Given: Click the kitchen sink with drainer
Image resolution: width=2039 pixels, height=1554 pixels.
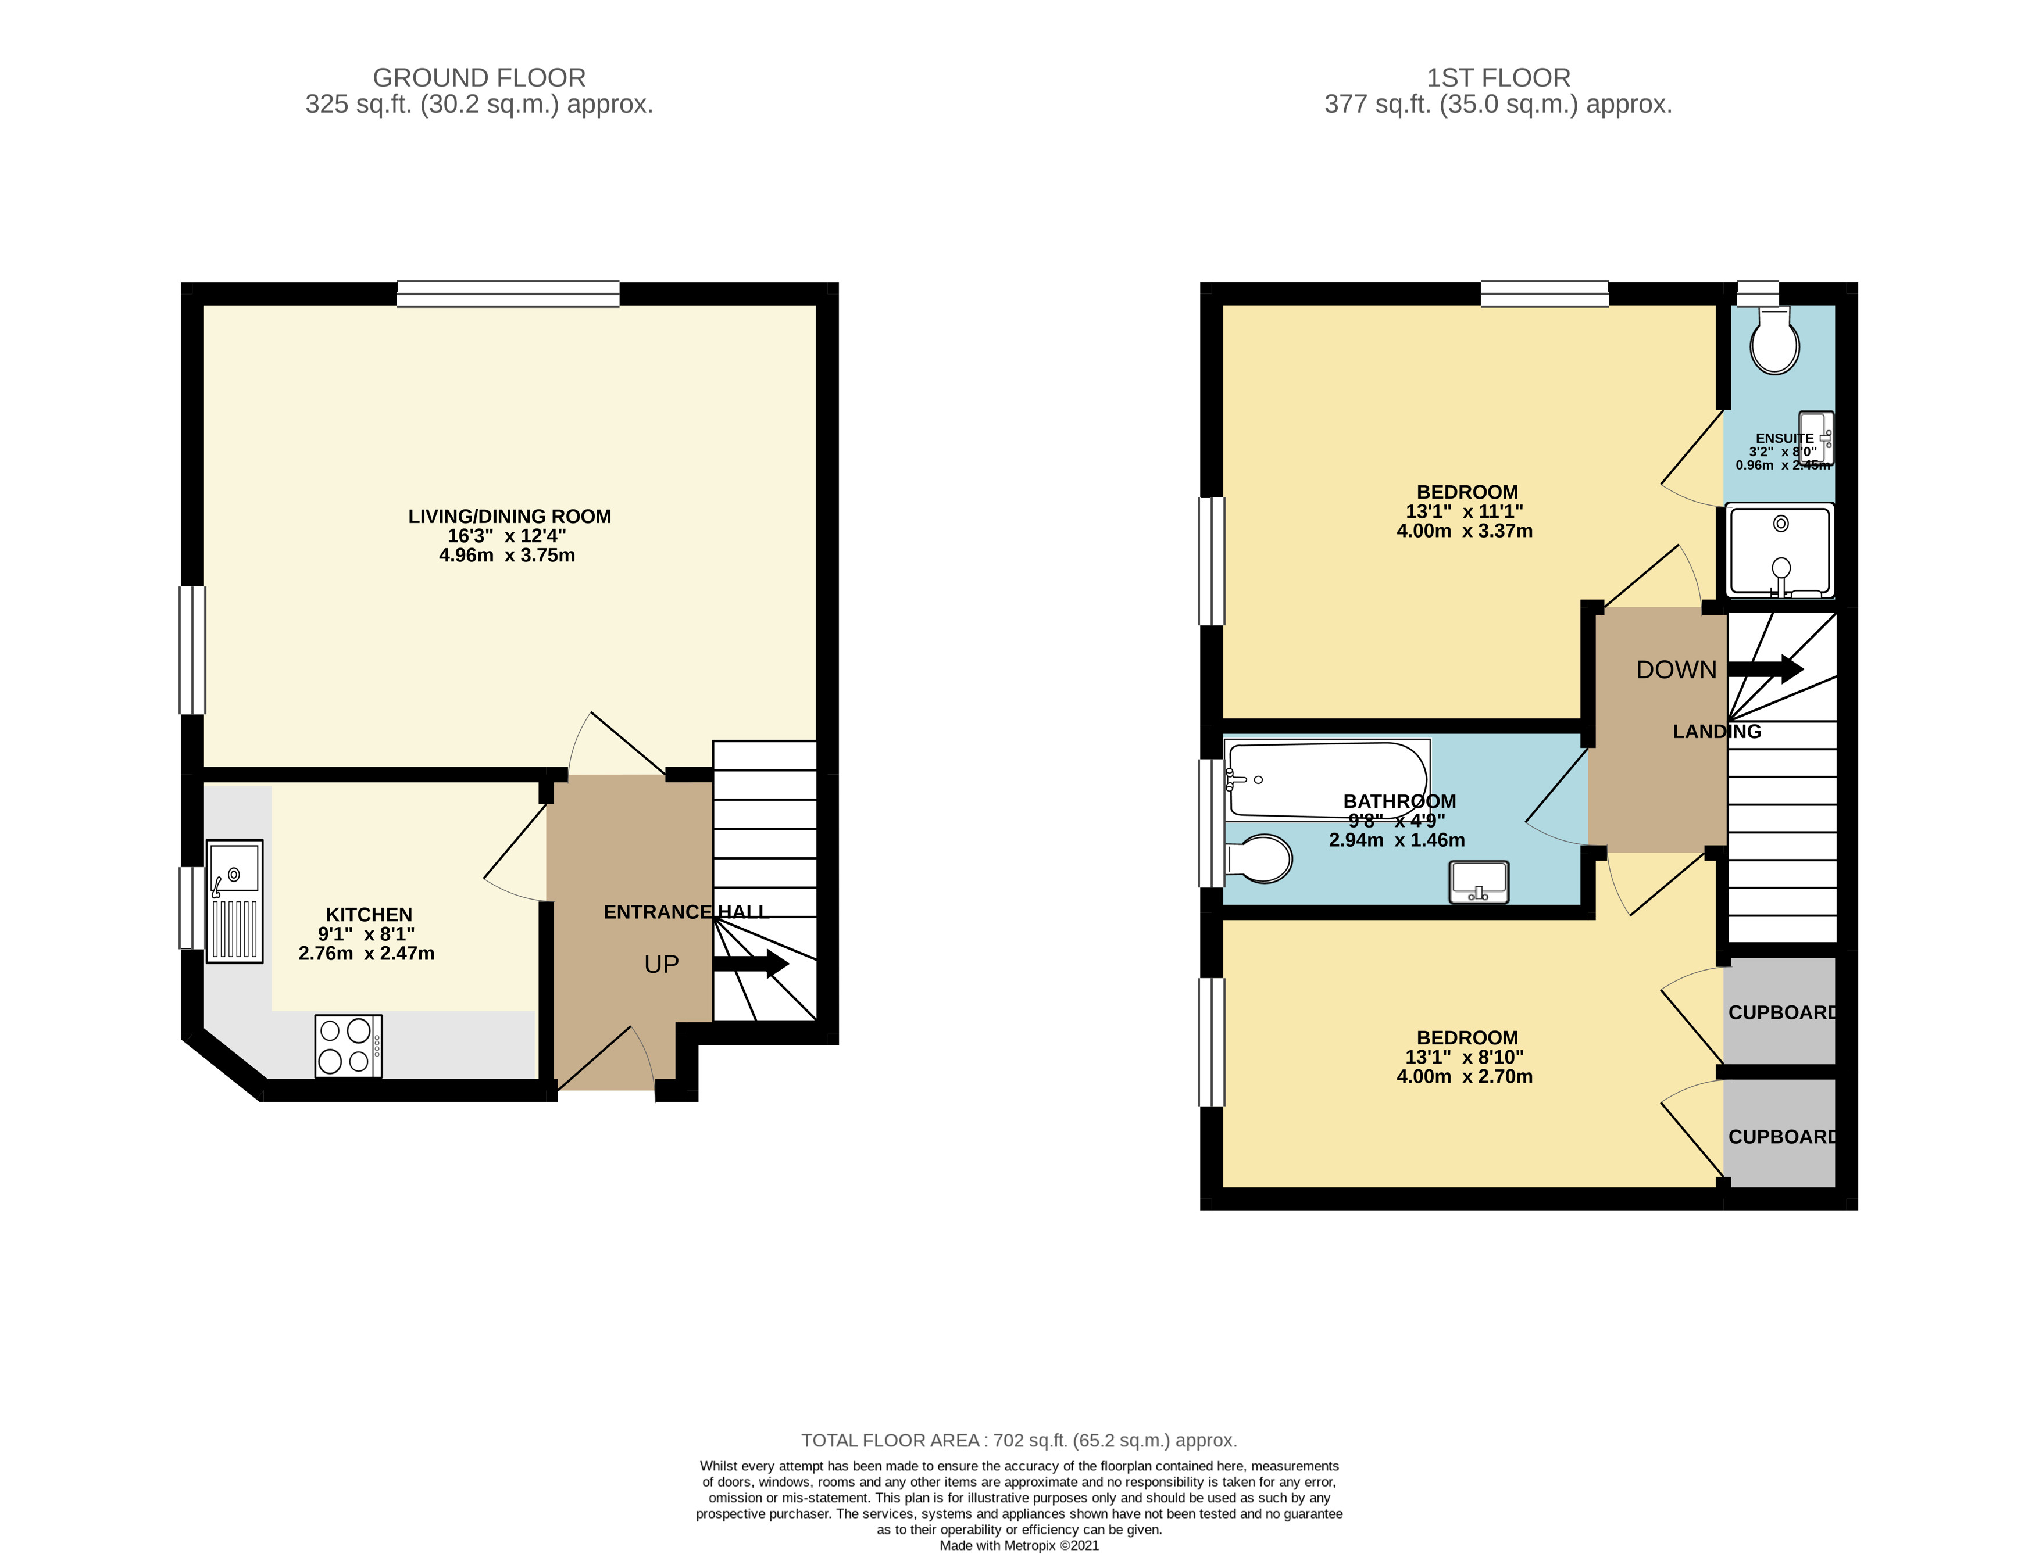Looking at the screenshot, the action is point(234,901).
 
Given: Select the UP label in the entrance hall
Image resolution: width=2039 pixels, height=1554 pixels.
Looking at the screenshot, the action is point(662,965).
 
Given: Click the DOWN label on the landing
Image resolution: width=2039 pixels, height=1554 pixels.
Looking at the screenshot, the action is point(1676,669).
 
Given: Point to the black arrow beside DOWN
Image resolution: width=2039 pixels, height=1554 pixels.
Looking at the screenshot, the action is point(1765,669).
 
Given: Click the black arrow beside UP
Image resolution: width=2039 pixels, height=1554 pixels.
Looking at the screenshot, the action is point(750,964).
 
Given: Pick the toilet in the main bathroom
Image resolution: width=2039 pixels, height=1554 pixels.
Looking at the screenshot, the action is point(1258,858).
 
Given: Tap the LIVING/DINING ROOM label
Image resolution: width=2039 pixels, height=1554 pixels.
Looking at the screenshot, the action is point(510,516).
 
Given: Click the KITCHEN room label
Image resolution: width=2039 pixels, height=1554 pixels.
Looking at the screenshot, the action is point(369,914).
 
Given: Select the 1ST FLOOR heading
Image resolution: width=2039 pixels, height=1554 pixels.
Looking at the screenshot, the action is point(1498,78).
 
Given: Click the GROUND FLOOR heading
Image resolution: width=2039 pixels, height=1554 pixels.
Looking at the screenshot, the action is point(479,78).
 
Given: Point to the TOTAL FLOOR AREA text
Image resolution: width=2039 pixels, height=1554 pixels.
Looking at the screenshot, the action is point(1019,1440).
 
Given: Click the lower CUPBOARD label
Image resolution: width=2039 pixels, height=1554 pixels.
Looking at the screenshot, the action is point(1783,1136).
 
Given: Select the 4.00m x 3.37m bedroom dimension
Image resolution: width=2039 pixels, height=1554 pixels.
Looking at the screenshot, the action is point(1465,531).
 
